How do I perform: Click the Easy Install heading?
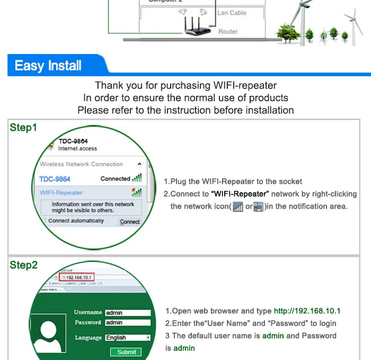48,66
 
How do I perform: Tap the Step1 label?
23,128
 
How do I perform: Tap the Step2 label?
23,265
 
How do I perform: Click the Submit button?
126,352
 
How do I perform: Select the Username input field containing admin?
127,313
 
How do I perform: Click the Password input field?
127,322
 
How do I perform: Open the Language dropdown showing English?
127,337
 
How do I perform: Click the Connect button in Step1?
129,222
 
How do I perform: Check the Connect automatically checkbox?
45,221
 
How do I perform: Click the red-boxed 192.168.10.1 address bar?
78,277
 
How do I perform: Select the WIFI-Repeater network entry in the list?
61,193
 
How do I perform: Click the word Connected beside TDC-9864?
115,179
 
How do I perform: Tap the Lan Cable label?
232,13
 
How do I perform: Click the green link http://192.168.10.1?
307,311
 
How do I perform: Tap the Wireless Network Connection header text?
81,164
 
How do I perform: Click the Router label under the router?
228,32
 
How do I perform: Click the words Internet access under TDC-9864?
77,149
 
